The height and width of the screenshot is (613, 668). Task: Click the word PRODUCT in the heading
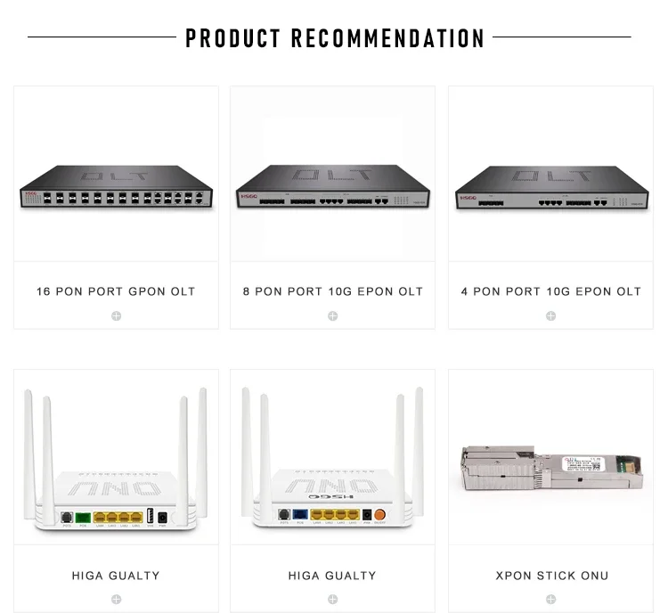[x=233, y=38]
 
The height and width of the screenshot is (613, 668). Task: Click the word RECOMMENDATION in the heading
[x=388, y=38]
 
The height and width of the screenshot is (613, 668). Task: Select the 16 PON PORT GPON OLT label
[x=116, y=291]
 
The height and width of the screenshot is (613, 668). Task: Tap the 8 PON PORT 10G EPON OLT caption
[x=333, y=291]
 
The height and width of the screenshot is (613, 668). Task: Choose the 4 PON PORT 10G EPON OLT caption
[x=550, y=291]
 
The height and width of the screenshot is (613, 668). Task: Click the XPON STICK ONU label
[x=551, y=576]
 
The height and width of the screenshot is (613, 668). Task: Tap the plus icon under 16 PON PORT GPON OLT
[x=116, y=316]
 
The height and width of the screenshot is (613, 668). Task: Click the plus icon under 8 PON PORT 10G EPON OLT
[x=333, y=316]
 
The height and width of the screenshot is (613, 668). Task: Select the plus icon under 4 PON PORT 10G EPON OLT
[x=550, y=316]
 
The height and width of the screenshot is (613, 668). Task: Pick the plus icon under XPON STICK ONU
[x=551, y=600]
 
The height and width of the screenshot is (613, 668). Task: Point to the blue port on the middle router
[x=301, y=514]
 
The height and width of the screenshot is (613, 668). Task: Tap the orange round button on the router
[x=380, y=514]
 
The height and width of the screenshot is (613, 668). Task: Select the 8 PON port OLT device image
[x=333, y=186]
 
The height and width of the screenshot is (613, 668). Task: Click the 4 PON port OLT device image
[x=550, y=187]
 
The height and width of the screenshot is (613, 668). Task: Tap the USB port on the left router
[x=150, y=516]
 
